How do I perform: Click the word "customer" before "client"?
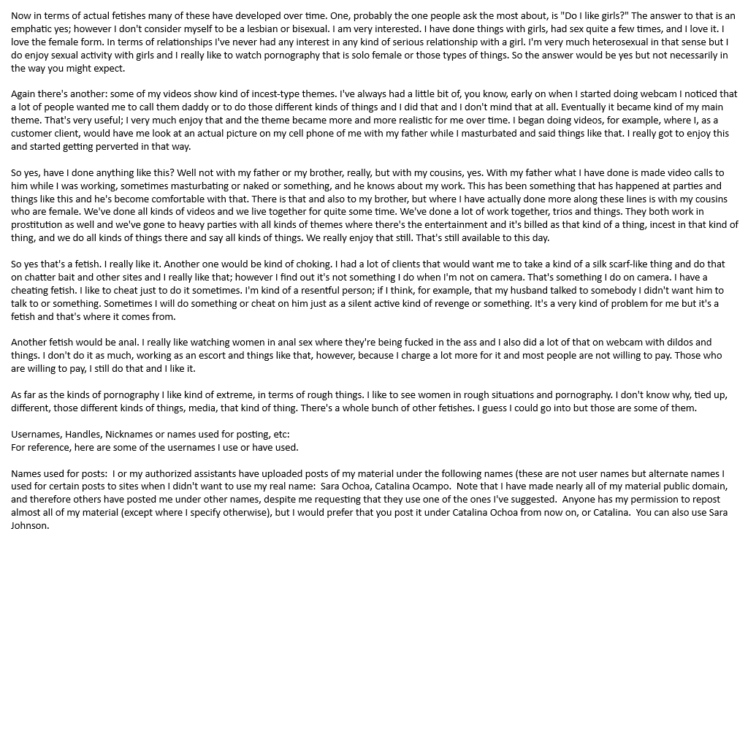point(32,133)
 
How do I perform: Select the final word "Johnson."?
point(30,526)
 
